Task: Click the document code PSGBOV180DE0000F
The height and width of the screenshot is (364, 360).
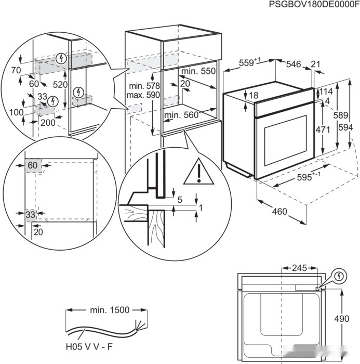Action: [x=314, y=5]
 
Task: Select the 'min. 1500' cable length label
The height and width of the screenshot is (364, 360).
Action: [x=109, y=310]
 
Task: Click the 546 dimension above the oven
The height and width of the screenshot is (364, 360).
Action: [x=294, y=64]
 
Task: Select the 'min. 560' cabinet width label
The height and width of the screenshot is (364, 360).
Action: [x=181, y=115]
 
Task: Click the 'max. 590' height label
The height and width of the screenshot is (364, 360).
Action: [x=145, y=96]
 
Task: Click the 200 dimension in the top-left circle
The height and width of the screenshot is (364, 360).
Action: [x=48, y=123]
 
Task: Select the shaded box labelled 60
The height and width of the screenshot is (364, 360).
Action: [x=33, y=165]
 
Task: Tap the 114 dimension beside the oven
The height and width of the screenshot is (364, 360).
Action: [x=326, y=92]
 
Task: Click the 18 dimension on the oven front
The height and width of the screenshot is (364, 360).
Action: [x=253, y=95]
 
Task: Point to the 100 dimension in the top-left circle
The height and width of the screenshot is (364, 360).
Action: [x=16, y=112]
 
